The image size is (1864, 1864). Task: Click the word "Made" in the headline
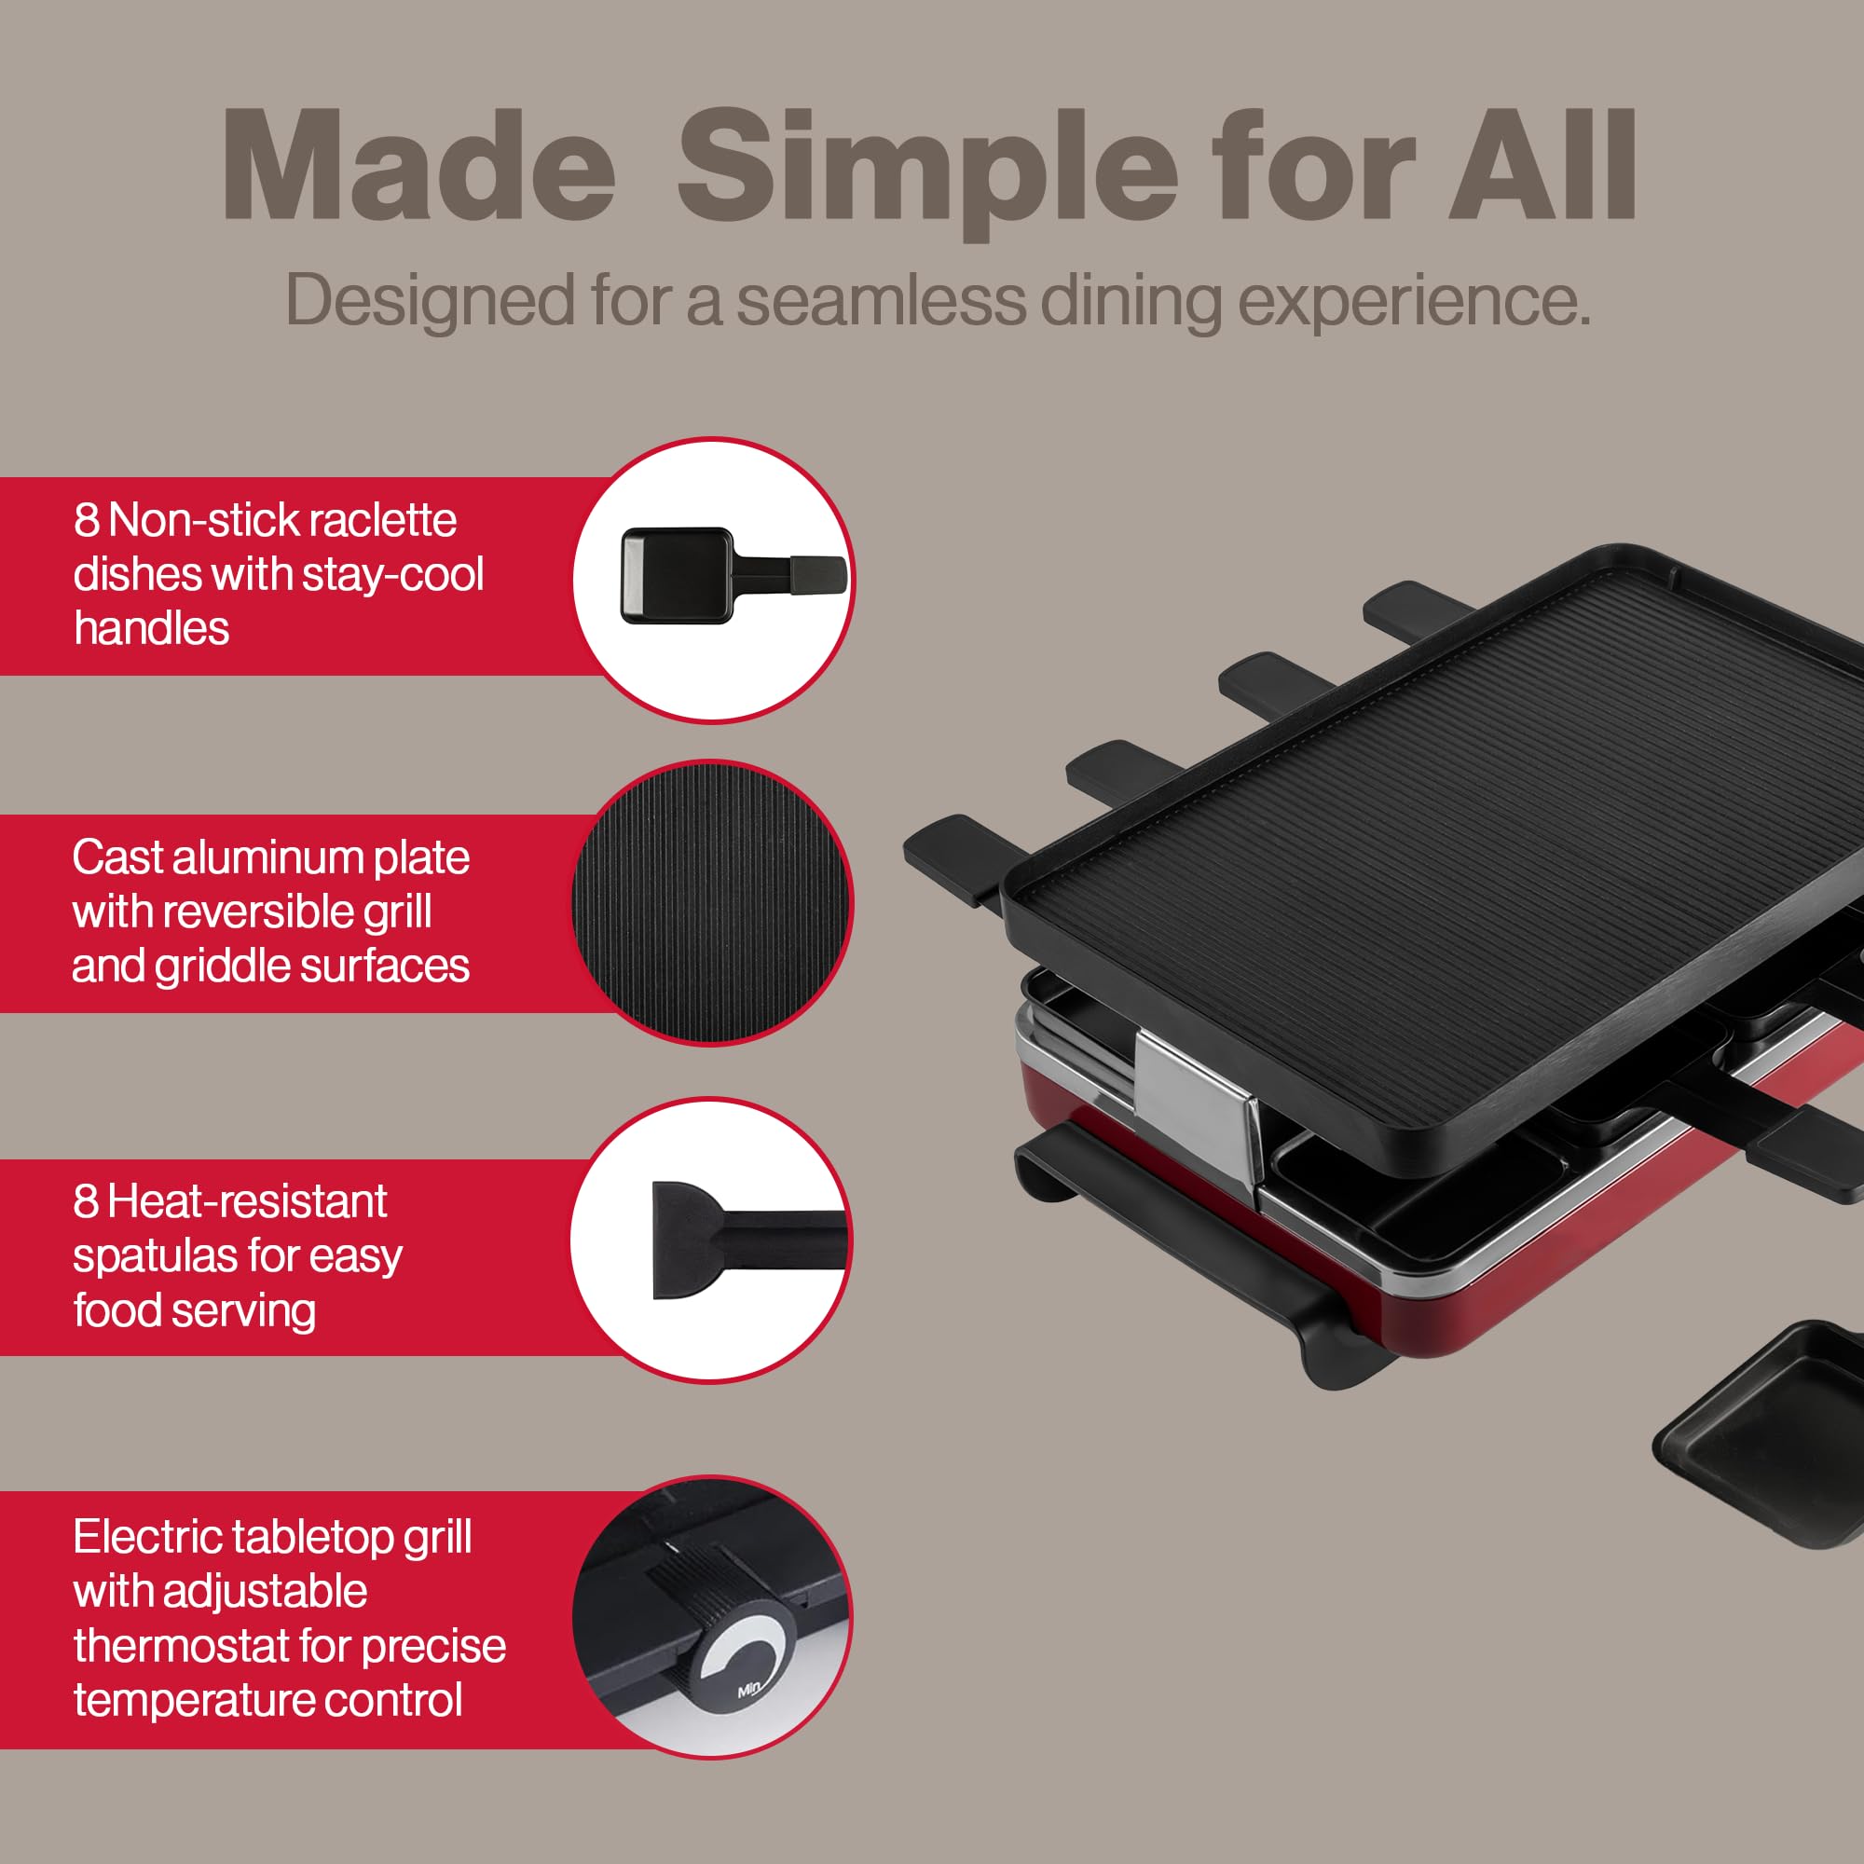(418, 168)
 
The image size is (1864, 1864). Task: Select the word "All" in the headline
(1541, 168)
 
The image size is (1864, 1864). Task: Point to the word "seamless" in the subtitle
(881, 301)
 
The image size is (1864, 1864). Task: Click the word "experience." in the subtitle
(1414, 303)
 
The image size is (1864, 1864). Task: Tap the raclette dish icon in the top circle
(732, 576)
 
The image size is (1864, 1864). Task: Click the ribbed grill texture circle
(712, 902)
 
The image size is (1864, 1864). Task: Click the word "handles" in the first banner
(152, 629)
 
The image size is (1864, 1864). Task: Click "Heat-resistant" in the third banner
(247, 1202)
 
